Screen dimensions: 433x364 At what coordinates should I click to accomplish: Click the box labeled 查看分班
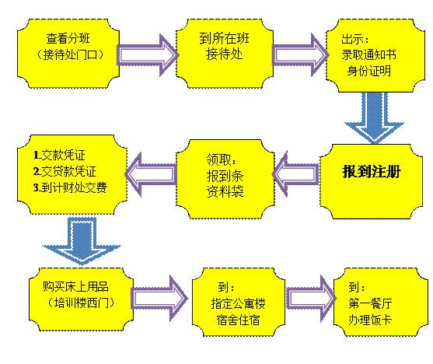68,54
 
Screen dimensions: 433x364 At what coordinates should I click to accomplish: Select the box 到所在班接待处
225,54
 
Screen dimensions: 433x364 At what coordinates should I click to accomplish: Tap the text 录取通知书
368,54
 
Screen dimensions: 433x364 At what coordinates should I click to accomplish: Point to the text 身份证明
369,71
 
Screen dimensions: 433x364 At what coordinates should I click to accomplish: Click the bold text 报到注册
372,172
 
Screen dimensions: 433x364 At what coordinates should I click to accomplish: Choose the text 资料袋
225,191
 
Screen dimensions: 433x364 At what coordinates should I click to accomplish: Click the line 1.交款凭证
59,155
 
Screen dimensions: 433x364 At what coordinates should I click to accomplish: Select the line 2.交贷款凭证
65,171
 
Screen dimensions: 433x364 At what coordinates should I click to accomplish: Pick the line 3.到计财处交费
70,187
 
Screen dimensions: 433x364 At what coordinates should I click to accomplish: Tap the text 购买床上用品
75,286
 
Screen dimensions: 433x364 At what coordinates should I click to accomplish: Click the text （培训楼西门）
81,303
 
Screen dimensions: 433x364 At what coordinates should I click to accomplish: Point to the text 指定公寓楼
239,303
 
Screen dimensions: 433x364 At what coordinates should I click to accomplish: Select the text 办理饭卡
370,320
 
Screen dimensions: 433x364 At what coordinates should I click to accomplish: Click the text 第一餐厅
370,303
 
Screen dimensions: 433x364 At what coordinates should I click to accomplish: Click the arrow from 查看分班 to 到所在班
148,54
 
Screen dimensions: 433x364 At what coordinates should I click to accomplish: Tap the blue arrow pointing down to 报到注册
374,118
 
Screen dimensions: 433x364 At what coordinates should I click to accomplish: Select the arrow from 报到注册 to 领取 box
295,174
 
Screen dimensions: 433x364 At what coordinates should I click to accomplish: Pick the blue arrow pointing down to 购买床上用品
82,241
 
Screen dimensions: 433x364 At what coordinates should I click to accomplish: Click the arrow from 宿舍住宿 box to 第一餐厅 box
311,299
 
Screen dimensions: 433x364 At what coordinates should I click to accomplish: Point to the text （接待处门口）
69,54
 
